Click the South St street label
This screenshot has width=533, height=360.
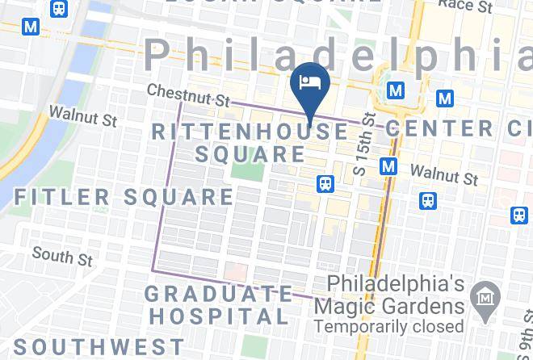tap(62, 257)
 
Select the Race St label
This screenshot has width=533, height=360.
tap(465, 6)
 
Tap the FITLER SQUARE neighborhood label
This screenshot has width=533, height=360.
tap(124, 196)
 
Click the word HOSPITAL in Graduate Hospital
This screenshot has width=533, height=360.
tap(218, 316)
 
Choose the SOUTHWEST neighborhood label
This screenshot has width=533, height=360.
tap(99, 347)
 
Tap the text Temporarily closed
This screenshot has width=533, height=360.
tap(389, 326)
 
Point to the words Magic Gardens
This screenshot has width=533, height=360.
tap(389, 306)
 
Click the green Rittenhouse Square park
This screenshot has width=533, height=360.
tap(246, 169)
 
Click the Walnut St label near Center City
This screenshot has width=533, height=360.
tap(443, 174)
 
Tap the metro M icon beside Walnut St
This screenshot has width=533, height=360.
tap(388, 167)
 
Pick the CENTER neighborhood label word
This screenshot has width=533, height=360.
tap(439, 128)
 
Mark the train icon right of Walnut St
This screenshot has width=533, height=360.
tap(426, 199)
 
